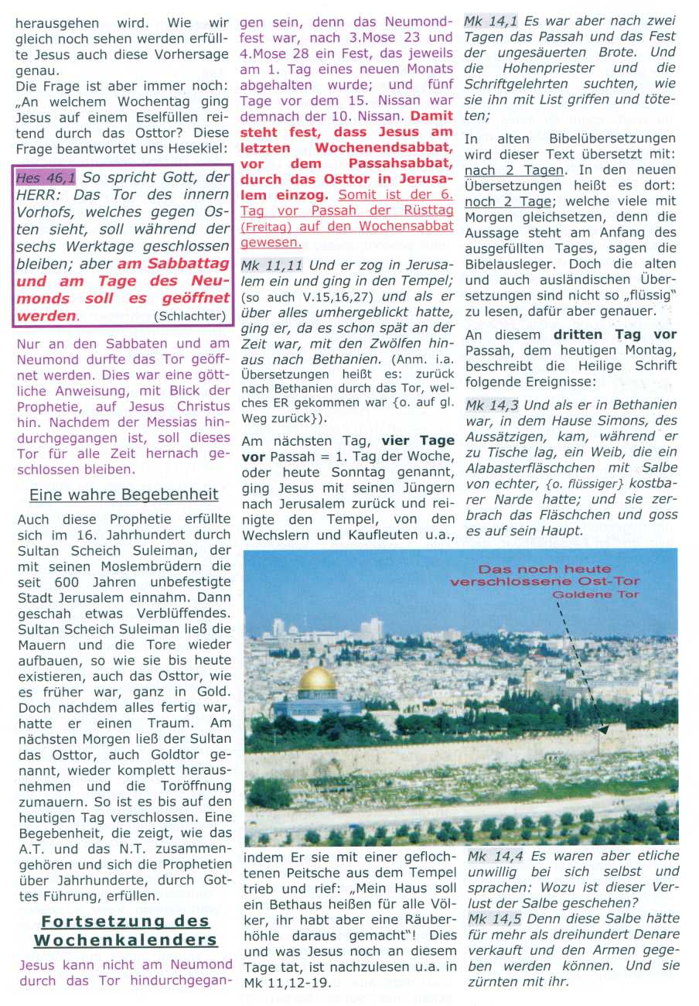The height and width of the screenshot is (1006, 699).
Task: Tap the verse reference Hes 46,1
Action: coord(46,176)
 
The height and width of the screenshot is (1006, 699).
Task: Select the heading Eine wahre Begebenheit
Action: coord(124,494)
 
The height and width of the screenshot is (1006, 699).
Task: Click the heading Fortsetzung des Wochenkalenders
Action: coord(125,930)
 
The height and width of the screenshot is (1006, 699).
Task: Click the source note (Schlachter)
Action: coord(189,316)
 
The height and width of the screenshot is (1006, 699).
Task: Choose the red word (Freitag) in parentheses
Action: coord(266,227)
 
